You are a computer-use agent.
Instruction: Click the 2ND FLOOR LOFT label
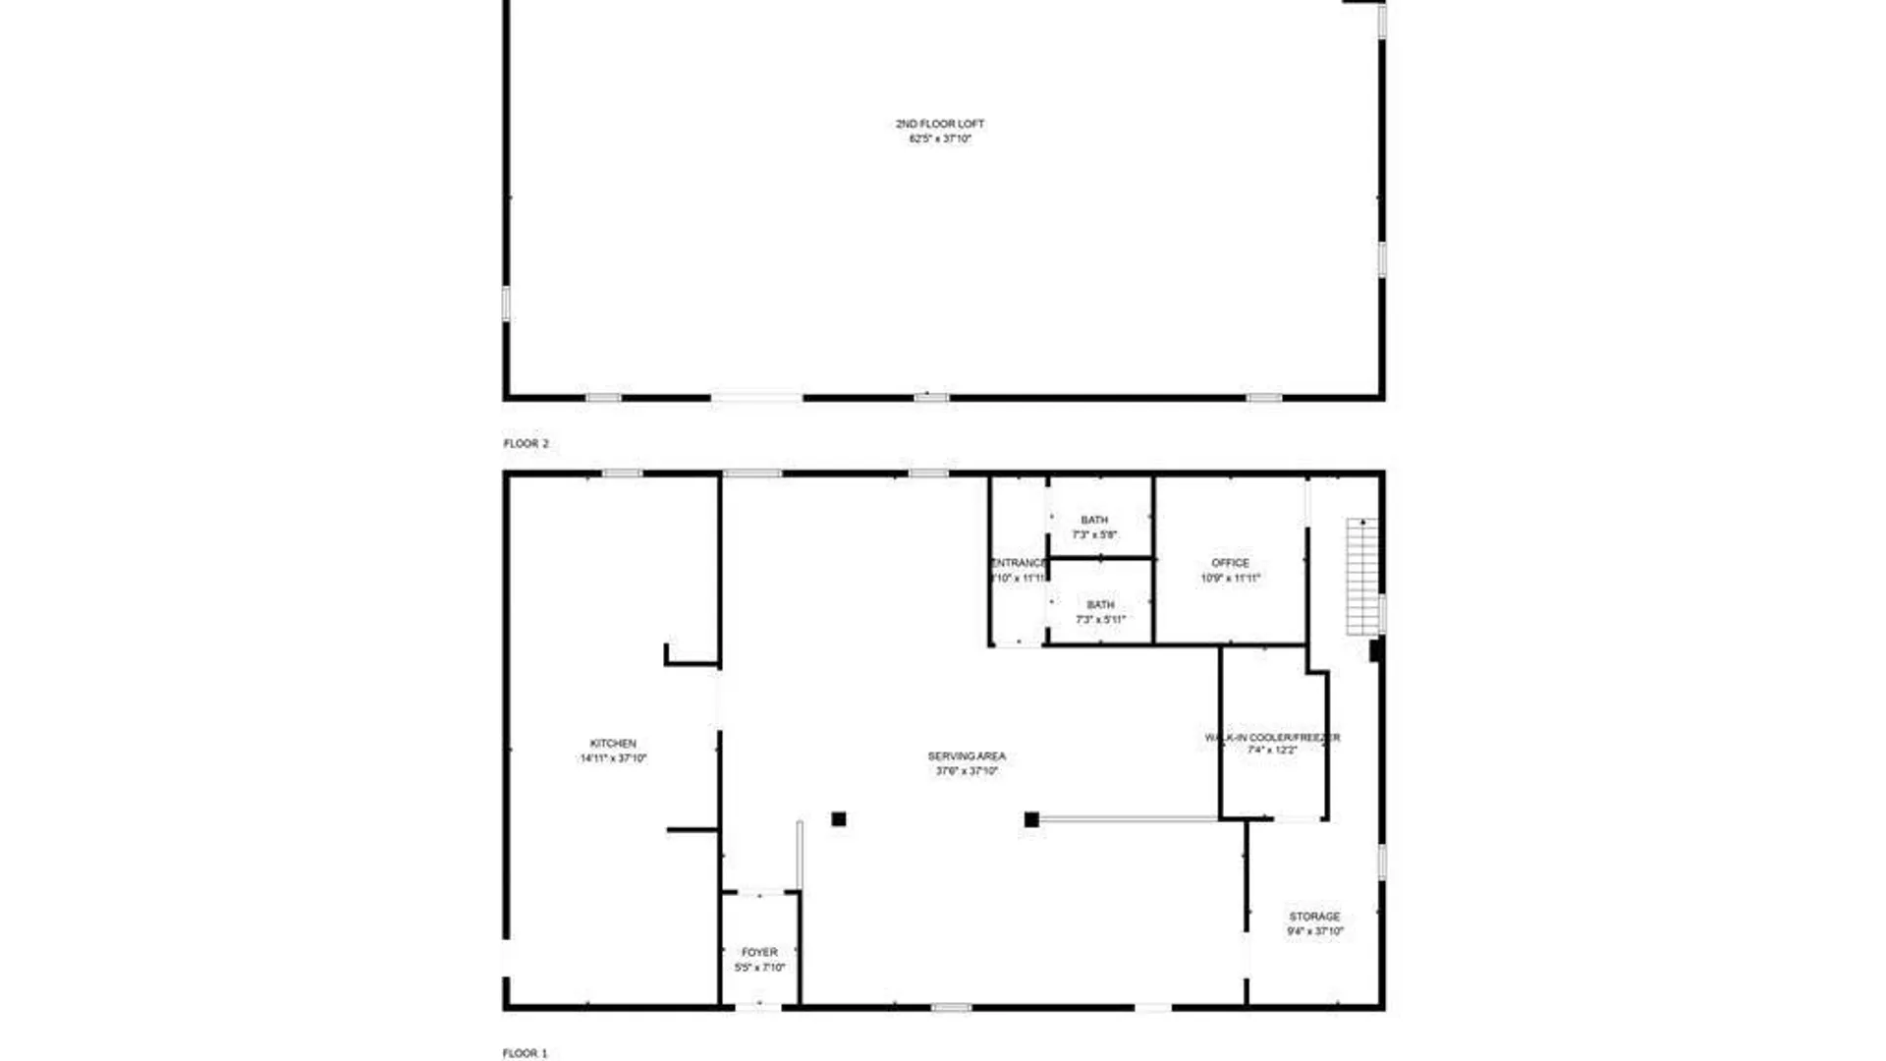(x=939, y=124)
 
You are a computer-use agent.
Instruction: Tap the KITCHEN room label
(x=613, y=744)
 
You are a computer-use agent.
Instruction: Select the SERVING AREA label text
(x=967, y=756)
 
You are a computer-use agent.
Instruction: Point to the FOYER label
(x=759, y=952)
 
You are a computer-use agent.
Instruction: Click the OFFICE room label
(x=1230, y=563)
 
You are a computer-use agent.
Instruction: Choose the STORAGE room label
(x=1314, y=917)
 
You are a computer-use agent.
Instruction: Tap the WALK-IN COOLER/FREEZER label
(x=1272, y=737)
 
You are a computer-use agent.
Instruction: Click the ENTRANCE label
(x=1019, y=563)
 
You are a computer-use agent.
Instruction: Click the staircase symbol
(x=1361, y=577)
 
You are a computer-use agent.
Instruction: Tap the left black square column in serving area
(x=839, y=819)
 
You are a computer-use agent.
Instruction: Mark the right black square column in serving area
(x=1031, y=819)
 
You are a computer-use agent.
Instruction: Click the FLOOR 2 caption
(x=527, y=444)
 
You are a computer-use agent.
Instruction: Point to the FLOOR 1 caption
(x=526, y=1053)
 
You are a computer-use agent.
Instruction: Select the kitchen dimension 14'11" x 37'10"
(x=613, y=758)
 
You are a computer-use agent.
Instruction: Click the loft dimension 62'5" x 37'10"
(x=940, y=140)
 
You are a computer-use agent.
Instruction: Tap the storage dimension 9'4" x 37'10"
(x=1315, y=931)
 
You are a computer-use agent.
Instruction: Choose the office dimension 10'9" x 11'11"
(x=1230, y=579)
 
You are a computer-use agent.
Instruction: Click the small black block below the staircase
(x=1376, y=650)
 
